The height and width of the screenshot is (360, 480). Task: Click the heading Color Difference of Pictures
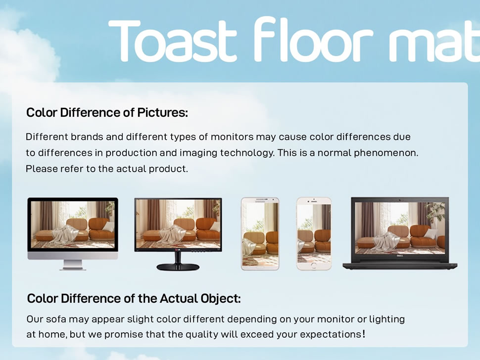pyautogui.click(x=107, y=113)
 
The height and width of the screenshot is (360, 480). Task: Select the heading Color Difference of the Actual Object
pyautogui.click(x=134, y=298)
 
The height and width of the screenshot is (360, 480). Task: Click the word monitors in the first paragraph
pyautogui.click(x=232, y=136)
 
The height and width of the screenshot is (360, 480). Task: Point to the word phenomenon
pyautogui.click(x=386, y=153)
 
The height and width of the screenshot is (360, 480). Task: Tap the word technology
pyautogui.click(x=247, y=153)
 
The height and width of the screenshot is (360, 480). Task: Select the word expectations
pyautogui.click(x=330, y=335)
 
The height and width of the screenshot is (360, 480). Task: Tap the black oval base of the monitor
pyautogui.click(x=178, y=267)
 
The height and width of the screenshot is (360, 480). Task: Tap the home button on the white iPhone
pyautogui.click(x=313, y=266)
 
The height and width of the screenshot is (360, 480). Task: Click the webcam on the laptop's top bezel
pyautogui.click(x=400, y=200)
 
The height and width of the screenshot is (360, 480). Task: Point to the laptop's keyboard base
pyautogui.click(x=400, y=265)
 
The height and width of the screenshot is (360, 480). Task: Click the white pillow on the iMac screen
pyautogui.click(x=108, y=226)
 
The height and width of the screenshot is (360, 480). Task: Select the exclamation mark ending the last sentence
pyautogui.click(x=364, y=334)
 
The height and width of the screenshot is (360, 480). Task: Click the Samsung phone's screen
pyautogui.click(x=260, y=234)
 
